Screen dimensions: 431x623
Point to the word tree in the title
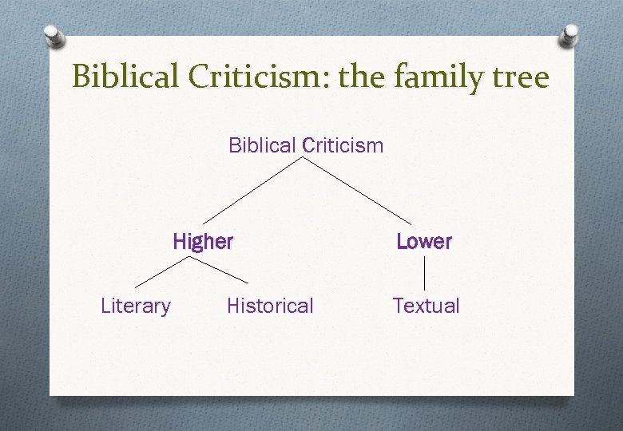522,77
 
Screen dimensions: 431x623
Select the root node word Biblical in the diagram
262,145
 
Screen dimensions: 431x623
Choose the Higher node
203,241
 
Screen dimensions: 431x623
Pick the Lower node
423,241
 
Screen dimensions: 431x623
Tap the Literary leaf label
135,306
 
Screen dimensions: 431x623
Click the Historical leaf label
270,306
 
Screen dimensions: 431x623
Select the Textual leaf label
426,306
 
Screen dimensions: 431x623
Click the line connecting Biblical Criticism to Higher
253,190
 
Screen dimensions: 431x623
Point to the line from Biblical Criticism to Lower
357,190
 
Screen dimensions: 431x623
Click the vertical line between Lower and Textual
423,273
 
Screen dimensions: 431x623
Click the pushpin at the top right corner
569,34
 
